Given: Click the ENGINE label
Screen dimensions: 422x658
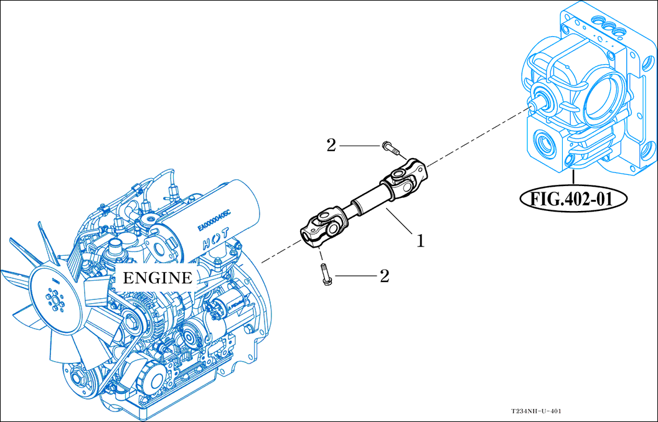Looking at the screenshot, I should click(157, 278).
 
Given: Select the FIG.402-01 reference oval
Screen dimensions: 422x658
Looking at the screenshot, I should click(573, 199).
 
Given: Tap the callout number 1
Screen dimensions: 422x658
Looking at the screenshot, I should click(421, 240).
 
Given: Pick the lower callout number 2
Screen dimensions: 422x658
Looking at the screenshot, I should click(385, 276).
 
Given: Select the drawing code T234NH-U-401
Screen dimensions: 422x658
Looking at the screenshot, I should click(537, 411).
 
